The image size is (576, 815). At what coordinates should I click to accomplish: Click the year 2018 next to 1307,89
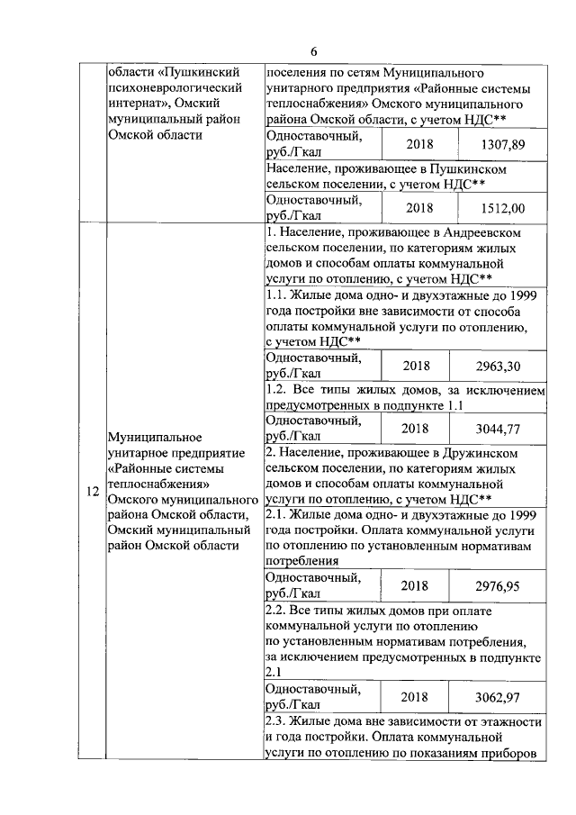420,144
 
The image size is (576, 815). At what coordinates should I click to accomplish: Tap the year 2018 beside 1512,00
420,208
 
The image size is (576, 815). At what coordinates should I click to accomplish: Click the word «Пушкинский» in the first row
198,72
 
